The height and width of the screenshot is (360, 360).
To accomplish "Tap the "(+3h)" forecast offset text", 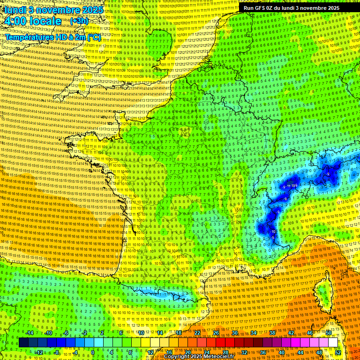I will click(78, 21).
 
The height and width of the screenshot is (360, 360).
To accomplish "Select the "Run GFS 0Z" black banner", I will click(291, 8).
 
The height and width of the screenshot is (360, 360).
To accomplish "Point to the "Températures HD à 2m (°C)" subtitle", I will click(53, 37).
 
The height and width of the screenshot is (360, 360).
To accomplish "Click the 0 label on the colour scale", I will click(93, 352).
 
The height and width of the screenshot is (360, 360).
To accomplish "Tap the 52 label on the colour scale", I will click(338, 352).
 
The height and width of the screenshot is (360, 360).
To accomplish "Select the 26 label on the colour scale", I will click(216, 333).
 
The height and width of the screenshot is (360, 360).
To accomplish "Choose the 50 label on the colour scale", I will click(329, 333).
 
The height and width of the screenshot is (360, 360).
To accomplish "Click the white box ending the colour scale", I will click(333, 343).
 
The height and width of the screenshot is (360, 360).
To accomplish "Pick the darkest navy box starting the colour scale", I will click(23, 343).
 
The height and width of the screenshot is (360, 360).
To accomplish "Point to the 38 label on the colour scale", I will click(272, 333).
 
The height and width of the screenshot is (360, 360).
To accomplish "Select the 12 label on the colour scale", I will click(150, 352).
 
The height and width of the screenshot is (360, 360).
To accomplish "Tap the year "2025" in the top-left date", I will click(92, 10).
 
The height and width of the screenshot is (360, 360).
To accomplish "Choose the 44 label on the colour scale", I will click(300, 352).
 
